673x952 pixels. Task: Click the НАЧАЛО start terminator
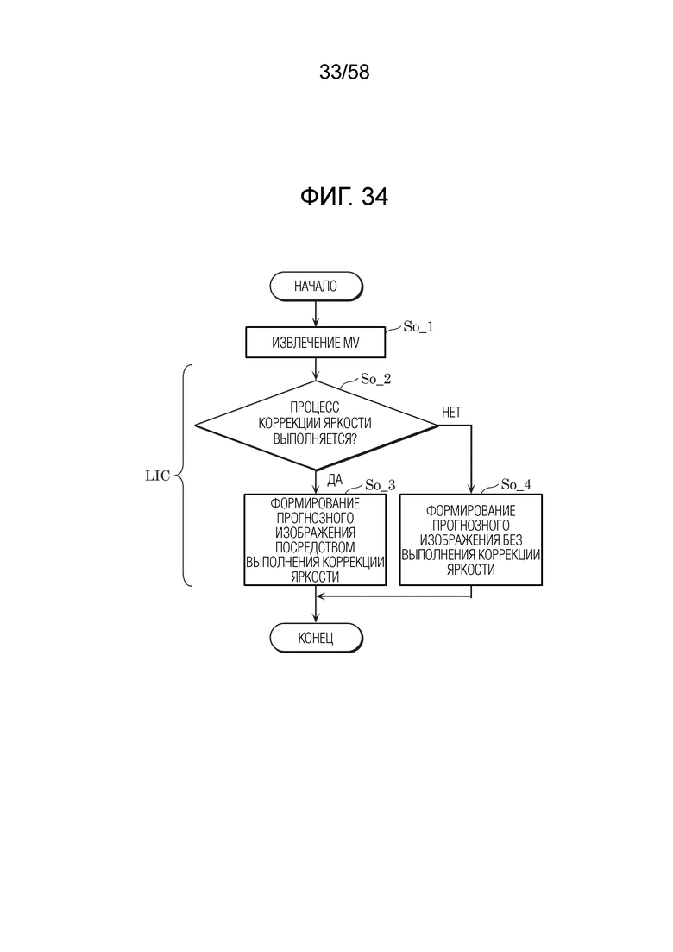[316, 286]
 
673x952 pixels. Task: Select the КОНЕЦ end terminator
[316, 638]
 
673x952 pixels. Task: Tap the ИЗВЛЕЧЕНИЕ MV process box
[316, 343]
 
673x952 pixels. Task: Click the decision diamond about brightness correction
[316, 425]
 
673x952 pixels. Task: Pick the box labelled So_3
[315, 539]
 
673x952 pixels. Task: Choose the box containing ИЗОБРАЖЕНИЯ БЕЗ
[471, 539]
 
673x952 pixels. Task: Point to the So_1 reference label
[418, 326]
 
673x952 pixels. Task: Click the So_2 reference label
[375, 380]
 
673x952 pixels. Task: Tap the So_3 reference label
[380, 485]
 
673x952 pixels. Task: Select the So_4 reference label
[516, 484]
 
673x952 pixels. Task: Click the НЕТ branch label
[451, 413]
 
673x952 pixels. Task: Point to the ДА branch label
[335, 480]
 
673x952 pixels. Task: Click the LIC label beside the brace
[158, 476]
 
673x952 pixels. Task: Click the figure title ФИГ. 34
[344, 196]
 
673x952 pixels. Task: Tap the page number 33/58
[344, 73]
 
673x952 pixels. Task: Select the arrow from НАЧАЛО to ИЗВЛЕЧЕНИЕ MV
[316, 314]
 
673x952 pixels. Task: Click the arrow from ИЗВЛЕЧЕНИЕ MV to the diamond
[316, 369]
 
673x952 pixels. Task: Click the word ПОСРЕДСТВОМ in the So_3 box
[315, 548]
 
